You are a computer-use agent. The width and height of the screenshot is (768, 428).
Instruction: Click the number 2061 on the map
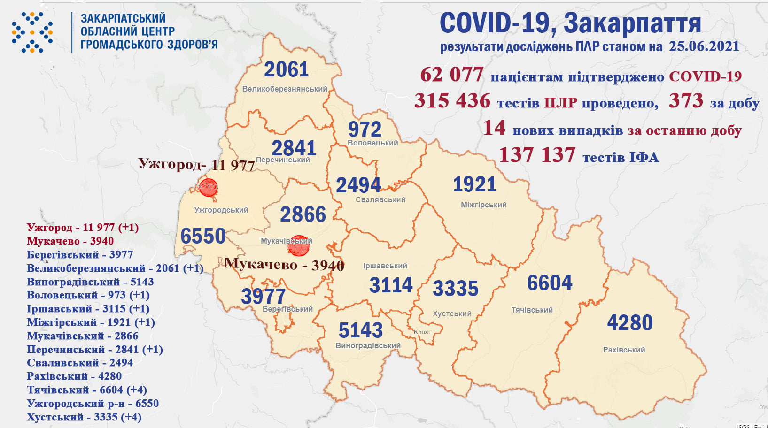286,69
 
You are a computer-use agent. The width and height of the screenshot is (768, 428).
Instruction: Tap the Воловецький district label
372,143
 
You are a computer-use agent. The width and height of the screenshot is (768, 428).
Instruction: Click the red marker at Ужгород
208,187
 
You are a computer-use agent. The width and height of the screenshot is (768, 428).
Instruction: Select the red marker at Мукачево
299,246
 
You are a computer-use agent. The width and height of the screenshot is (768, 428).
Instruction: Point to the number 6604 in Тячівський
550,283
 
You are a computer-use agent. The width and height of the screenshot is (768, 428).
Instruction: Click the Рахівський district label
624,350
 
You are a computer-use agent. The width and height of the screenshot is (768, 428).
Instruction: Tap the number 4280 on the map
629,323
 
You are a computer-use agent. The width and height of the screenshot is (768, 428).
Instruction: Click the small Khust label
422,332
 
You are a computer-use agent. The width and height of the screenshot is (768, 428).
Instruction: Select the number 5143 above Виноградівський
361,330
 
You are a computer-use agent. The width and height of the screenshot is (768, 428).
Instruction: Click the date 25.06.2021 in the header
704,46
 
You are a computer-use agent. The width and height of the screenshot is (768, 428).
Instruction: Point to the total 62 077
451,75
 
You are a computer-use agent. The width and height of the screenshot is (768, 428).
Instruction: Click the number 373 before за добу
686,101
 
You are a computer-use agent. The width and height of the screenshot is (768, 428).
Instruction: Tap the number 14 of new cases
494,128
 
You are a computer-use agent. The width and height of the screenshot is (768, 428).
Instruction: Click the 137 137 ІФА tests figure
537,155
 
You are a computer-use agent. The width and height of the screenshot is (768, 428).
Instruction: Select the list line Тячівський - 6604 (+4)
87,390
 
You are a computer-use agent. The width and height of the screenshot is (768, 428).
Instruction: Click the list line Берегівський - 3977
80,255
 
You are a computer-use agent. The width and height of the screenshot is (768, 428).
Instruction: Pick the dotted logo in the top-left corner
32,32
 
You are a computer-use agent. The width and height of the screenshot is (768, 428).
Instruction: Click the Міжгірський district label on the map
483,205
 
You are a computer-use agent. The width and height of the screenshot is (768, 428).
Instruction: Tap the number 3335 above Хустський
455,289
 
